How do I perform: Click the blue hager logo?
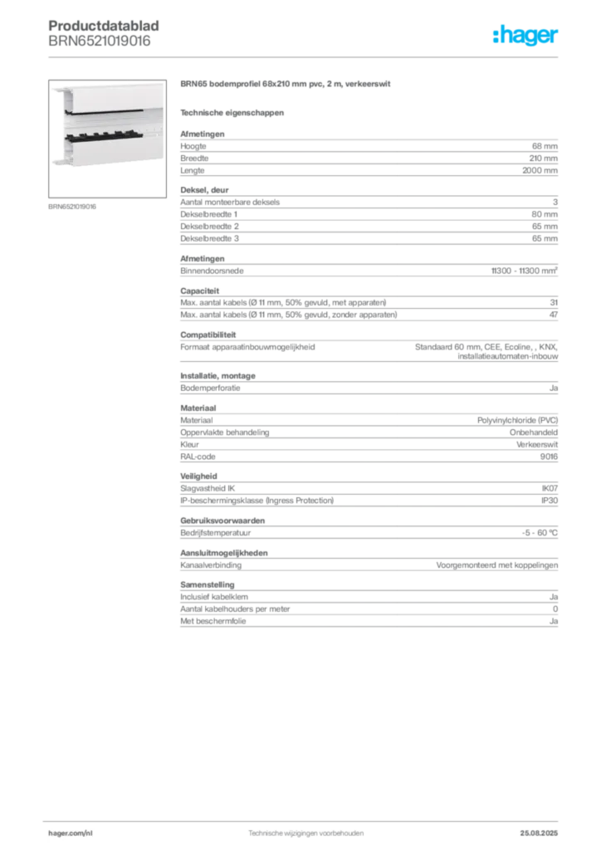pyautogui.click(x=527, y=36)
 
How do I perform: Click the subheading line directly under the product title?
pyautogui.click(x=232, y=111)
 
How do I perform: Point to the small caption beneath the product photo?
pyautogui.click(x=73, y=206)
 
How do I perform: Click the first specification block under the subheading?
pyautogui.click(x=368, y=153)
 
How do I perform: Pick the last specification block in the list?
pyautogui.click(x=368, y=607)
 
